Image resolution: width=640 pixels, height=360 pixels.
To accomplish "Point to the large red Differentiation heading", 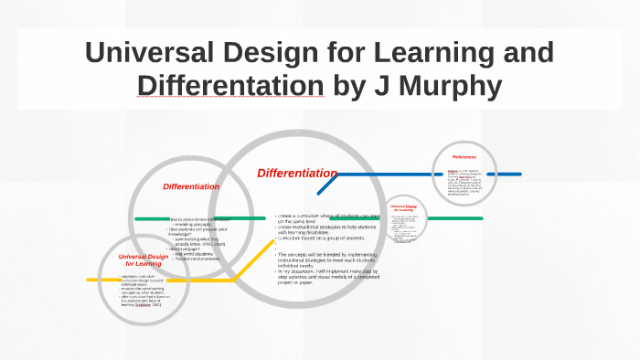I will point(296,173).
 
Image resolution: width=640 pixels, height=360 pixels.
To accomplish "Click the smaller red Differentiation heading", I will point(191,186).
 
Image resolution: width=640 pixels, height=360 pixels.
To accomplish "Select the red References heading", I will point(464,157).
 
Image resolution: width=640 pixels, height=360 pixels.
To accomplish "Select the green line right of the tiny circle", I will point(454,218).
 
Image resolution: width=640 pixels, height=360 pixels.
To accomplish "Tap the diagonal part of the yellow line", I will point(247,267).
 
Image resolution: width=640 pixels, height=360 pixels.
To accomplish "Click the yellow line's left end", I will point(91,280).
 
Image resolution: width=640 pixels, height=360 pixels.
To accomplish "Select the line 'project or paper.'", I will point(302,282).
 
